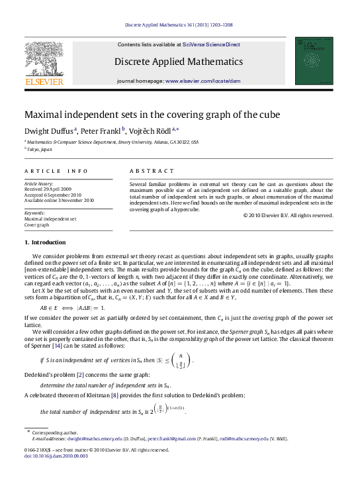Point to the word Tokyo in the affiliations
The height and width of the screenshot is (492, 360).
tap(35, 150)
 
